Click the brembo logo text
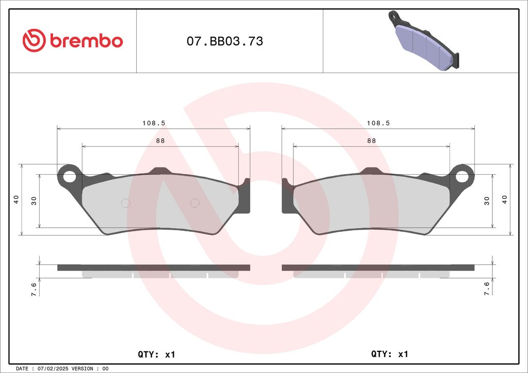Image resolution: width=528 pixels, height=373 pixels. pyautogui.click(x=86, y=41)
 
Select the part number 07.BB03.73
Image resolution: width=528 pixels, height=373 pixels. pyautogui.click(x=225, y=41)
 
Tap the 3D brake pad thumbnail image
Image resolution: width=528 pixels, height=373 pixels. pyautogui.click(x=424, y=40)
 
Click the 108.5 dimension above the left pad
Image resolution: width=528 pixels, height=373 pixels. pyautogui.click(x=154, y=123)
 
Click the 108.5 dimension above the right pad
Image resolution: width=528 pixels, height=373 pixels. pyautogui.click(x=378, y=123)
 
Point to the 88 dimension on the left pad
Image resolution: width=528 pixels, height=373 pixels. pyautogui.click(x=160, y=141)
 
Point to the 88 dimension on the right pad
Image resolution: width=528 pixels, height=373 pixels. pyautogui.click(x=371, y=141)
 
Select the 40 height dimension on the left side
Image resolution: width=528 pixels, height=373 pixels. pyautogui.click(x=16, y=199)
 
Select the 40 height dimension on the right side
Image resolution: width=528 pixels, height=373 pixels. pyautogui.click(x=504, y=199)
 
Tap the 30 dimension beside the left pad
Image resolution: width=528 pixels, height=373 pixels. pyautogui.click(x=34, y=201)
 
